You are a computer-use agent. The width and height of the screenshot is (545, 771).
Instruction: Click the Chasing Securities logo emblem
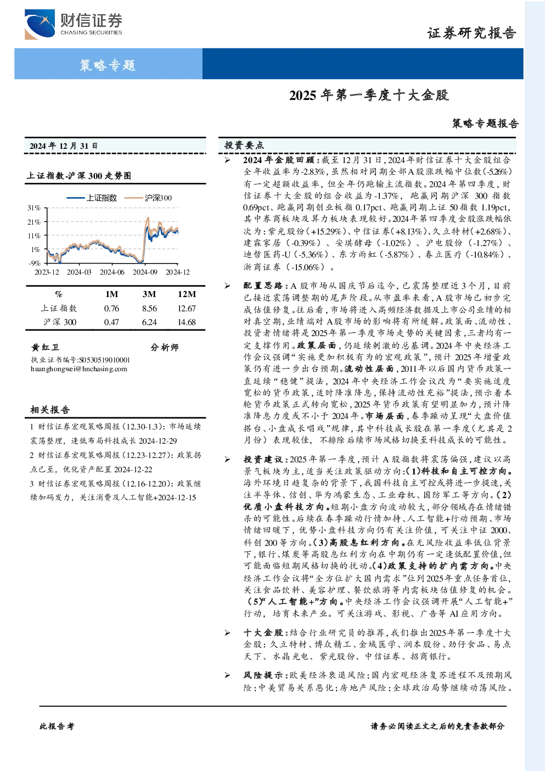pos(40,24)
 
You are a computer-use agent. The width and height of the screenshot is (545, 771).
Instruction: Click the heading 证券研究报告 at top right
pos(471,33)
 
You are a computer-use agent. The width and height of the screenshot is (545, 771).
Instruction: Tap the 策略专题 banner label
pos(108,65)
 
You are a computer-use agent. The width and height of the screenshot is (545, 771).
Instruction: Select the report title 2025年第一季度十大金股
pos(369,96)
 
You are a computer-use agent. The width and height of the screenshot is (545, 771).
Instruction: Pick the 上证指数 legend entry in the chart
pos(92,198)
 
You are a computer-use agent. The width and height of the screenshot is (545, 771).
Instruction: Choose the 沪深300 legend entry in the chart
pos(148,198)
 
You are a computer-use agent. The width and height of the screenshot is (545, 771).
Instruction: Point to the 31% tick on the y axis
pos(34,208)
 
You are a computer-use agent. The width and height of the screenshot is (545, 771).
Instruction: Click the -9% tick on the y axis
pos(35,263)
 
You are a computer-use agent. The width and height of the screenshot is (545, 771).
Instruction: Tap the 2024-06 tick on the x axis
pos(112,272)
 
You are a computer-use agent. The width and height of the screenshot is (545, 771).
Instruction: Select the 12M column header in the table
pos(187,294)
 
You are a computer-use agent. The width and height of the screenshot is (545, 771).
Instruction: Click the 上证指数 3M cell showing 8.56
pos(149,309)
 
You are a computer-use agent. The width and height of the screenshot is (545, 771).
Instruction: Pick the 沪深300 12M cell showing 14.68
pos(187,322)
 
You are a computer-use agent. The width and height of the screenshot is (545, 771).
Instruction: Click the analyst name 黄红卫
pos(45,347)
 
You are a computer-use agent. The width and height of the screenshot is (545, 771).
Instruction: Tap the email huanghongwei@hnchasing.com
pos(79,369)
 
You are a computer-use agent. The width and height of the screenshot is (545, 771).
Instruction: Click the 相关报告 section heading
pos(50,410)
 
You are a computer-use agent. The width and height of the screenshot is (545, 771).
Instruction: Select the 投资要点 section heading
pos(244,146)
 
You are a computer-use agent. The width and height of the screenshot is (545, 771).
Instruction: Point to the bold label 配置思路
pos(263,286)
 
